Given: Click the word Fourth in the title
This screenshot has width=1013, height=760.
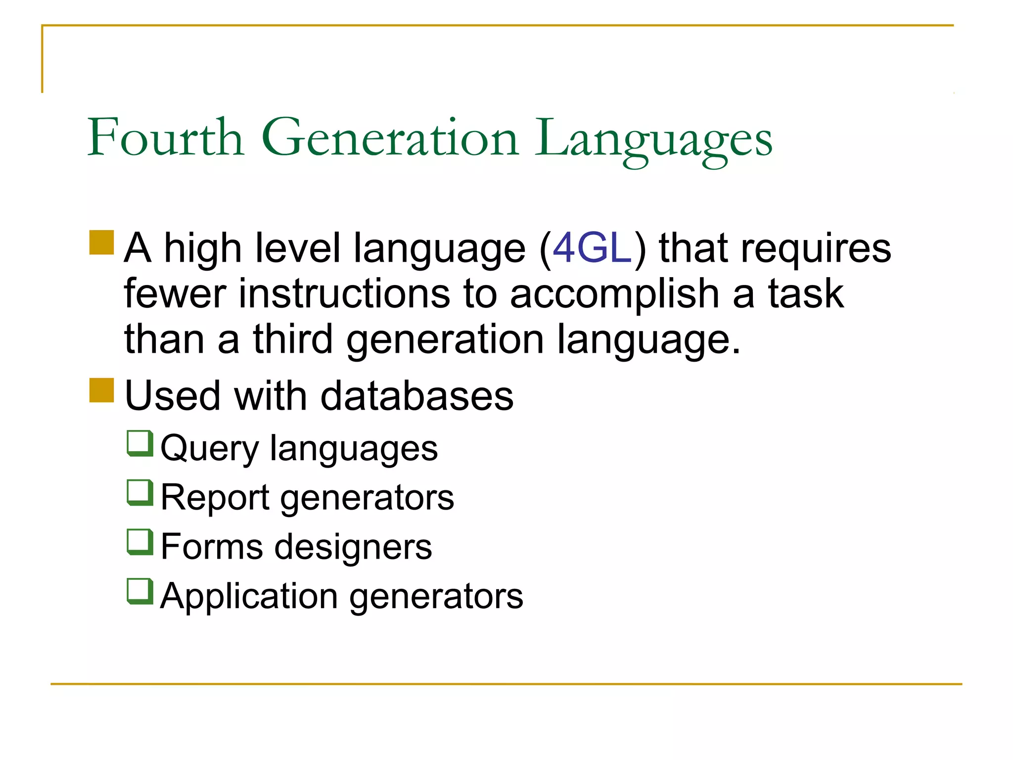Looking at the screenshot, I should pos(166,138).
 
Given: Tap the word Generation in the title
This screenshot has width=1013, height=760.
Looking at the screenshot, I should pos(390,138).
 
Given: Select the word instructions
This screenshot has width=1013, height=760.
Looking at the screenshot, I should pos(344,293).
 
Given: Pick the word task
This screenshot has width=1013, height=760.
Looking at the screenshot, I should pos(806,293).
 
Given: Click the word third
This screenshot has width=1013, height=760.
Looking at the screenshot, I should pos(293,339).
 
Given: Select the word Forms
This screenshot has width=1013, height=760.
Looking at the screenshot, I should pos(212,547).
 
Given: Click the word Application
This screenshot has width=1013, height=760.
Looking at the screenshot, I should pos(249,597).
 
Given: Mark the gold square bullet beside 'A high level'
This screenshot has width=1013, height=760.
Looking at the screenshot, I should pos(102,242).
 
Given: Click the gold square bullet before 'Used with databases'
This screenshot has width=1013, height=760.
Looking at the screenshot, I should pos(102,390).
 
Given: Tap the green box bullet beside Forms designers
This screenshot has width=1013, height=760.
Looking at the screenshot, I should pos(140,542).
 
